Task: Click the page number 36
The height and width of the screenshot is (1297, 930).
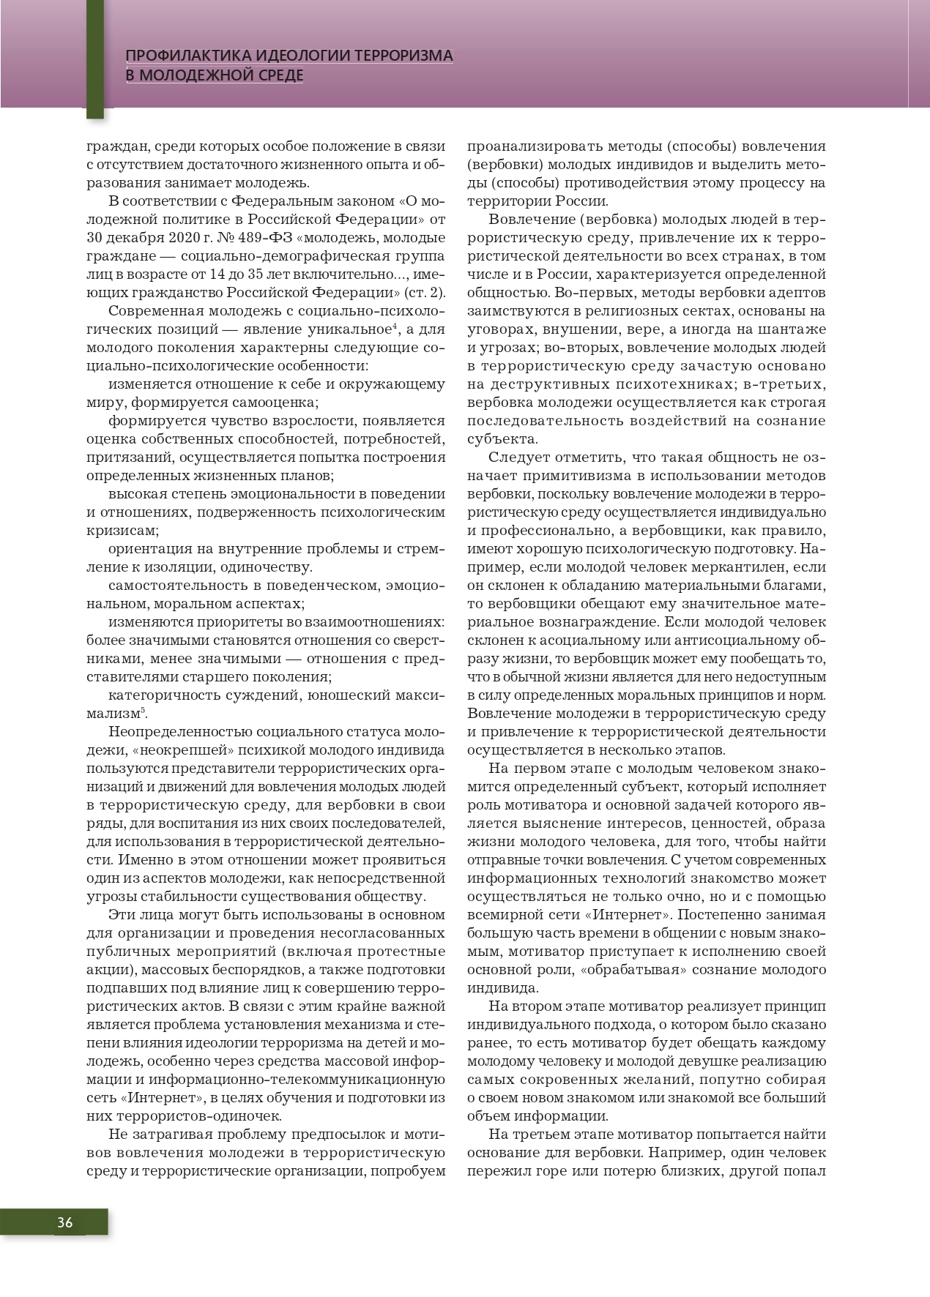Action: [64, 1222]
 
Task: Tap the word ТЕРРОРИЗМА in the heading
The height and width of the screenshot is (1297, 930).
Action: [403, 56]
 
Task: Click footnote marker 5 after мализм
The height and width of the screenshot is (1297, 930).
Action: [144, 709]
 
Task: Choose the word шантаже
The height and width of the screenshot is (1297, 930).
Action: [795, 329]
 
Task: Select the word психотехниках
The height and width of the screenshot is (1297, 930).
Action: [673, 384]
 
